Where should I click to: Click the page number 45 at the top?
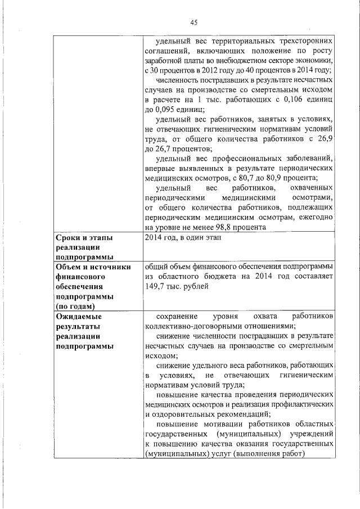click(193, 22)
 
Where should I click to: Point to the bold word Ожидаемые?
click(78, 316)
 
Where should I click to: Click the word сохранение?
click(178, 316)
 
